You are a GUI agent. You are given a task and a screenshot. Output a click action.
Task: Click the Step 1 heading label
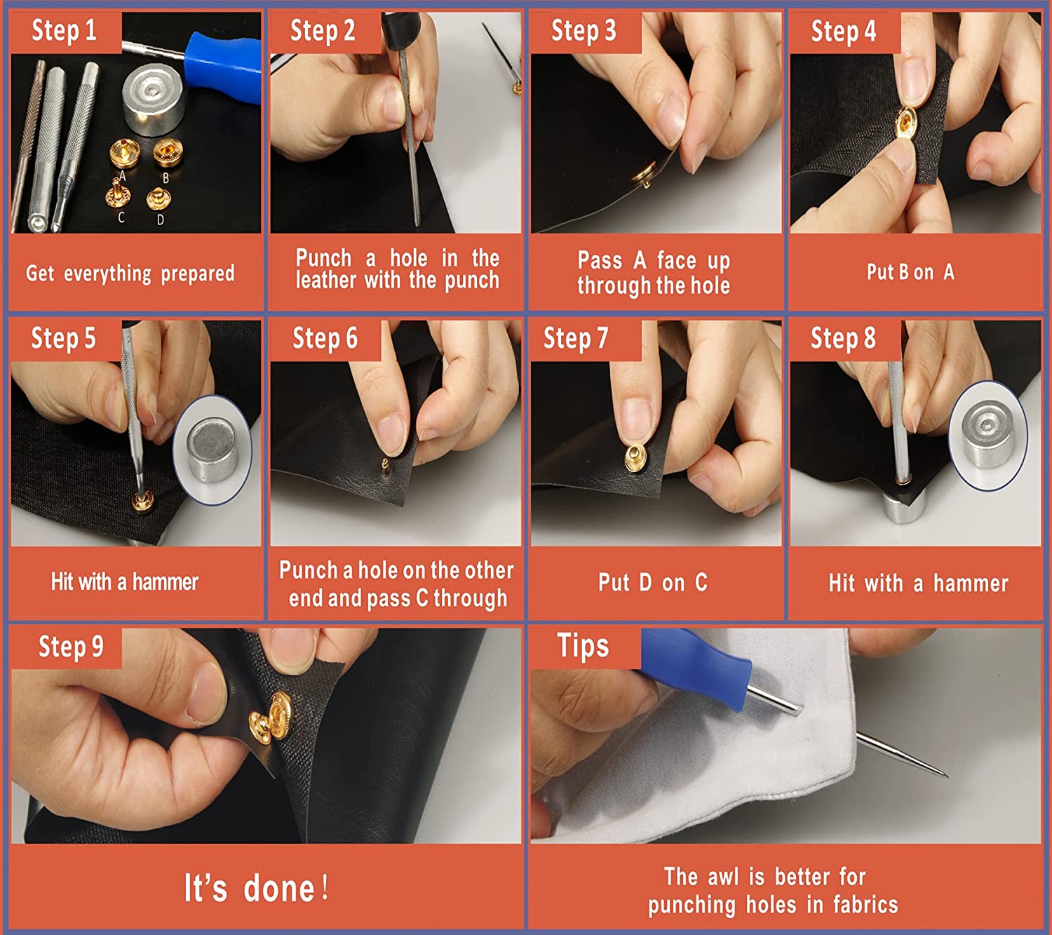point(64,30)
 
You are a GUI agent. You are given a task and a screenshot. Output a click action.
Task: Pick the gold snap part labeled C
point(117,193)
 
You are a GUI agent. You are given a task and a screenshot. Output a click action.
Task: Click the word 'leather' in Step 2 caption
point(326,281)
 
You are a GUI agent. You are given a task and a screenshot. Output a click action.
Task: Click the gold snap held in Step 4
point(905,123)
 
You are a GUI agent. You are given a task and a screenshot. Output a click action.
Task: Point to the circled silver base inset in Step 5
point(213,450)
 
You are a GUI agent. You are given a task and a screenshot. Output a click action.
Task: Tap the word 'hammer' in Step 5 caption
point(165,581)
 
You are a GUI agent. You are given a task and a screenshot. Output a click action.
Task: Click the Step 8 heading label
point(843,339)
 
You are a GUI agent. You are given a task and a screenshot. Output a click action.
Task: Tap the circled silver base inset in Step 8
point(987,436)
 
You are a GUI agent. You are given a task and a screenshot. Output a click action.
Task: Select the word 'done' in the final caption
point(279,888)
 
